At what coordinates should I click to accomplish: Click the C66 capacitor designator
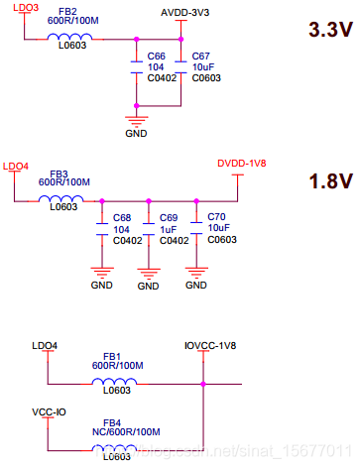pyautogui.click(x=155, y=57)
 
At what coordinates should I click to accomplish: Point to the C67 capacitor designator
pyautogui.click(x=199, y=57)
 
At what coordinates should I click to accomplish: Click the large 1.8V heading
pyautogui.click(x=317, y=181)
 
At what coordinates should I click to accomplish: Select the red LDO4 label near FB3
pyautogui.click(x=17, y=166)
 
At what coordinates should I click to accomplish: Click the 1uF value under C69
pyautogui.click(x=169, y=228)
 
